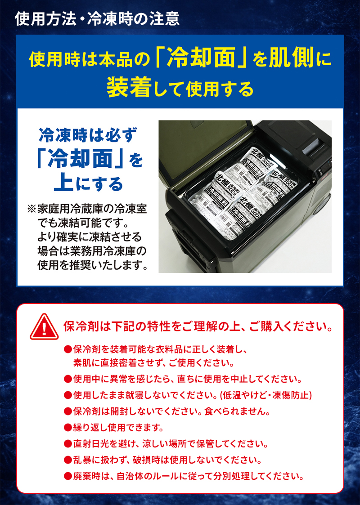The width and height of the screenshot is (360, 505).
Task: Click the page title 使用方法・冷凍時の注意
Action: coord(97,18)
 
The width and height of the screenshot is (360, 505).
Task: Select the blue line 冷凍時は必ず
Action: coord(87,134)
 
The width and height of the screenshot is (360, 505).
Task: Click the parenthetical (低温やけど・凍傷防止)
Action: coord(265,395)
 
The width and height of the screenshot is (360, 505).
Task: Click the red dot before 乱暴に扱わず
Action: coord(67,460)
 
